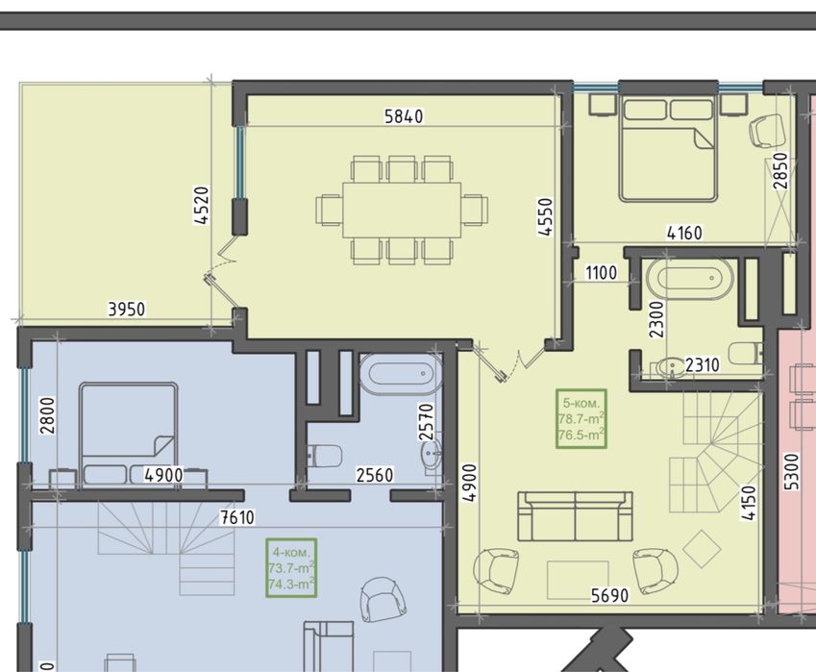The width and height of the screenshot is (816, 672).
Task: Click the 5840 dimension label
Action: pyautogui.click(x=404, y=116)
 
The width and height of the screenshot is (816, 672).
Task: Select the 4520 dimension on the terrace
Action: pyautogui.click(x=201, y=205)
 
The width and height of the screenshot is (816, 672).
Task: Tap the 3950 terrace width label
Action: pyautogui.click(x=126, y=309)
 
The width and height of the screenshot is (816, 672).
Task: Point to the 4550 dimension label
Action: pyautogui.click(x=545, y=217)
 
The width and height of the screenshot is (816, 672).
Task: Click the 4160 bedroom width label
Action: pyautogui.click(x=683, y=233)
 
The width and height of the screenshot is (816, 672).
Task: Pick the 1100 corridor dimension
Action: pyautogui.click(x=601, y=273)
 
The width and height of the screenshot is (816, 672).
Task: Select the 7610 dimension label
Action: pyautogui.click(x=236, y=517)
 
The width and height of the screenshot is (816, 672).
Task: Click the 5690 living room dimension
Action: pyautogui.click(x=608, y=595)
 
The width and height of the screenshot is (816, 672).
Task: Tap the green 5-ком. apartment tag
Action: pyautogui.click(x=581, y=418)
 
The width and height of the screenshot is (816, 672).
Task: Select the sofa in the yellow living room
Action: pyautogui.click(x=575, y=516)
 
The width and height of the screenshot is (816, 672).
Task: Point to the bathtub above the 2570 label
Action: pyautogui.click(x=400, y=375)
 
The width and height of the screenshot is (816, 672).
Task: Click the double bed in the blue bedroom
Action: pyautogui.click(x=128, y=434)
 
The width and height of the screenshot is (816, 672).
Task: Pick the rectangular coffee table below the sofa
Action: pyautogui.click(x=578, y=579)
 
